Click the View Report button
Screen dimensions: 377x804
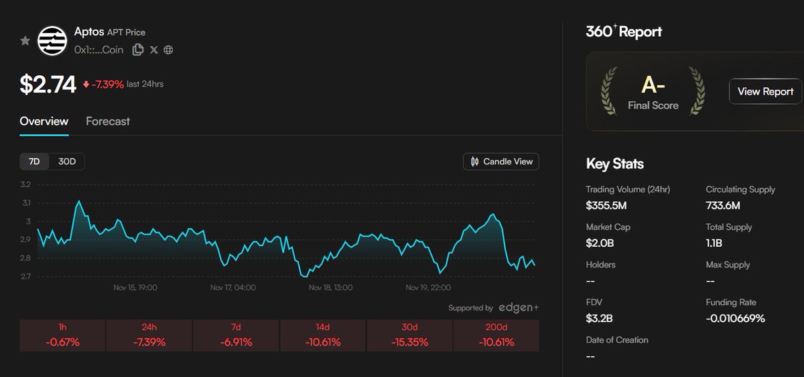tap(765, 91)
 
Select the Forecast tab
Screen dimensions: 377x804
tap(108, 121)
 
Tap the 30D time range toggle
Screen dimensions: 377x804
tap(67, 162)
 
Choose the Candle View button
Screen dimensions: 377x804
tap(501, 162)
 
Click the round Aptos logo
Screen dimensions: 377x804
tap(52, 41)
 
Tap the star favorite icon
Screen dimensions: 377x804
tap(25, 41)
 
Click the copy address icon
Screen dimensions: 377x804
tap(138, 50)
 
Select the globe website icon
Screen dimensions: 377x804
tap(168, 50)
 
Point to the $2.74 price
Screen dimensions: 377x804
tap(48, 85)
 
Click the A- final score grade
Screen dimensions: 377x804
tap(653, 85)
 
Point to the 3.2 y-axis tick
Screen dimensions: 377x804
tap(25, 184)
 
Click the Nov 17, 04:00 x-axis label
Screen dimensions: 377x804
tap(232, 288)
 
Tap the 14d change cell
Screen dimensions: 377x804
tap(323, 335)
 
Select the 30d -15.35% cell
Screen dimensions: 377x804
tap(409, 335)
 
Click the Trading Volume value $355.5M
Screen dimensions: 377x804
tap(606, 205)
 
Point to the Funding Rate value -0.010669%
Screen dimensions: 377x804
tap(735, 318)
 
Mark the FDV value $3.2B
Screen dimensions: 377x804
tap(600, 318)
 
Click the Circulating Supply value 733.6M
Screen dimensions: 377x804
tap(723, 205)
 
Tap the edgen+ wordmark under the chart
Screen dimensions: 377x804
tap(519, 307)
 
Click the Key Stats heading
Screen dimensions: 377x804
tap(614, 164)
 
